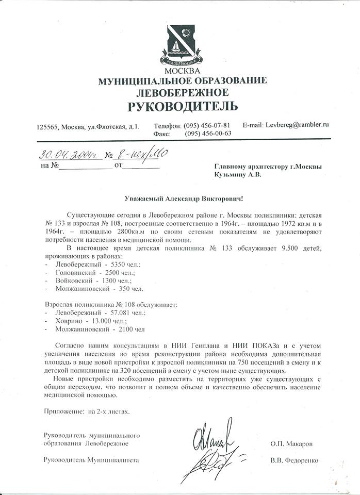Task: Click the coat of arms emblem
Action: point(181,43)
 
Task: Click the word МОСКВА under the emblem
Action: point(181,70)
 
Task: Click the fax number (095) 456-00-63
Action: point(208,133)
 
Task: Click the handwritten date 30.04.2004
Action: point(66,154)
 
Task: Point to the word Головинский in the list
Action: point(74,272)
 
